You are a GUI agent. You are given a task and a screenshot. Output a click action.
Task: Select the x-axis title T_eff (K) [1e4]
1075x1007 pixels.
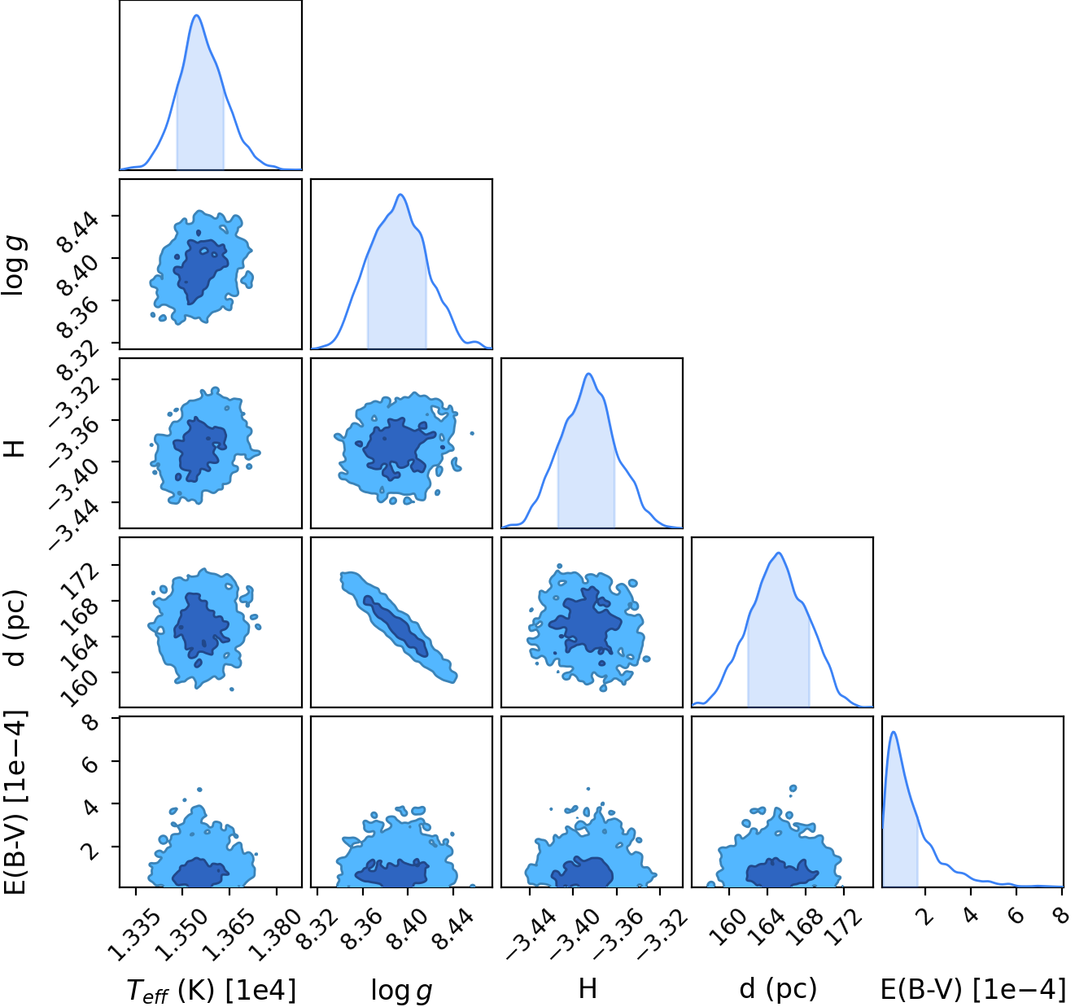pyautogui.click(x=211, y=990)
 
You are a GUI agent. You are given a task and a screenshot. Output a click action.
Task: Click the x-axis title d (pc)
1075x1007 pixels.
pyautogui.click(x=778, y=989)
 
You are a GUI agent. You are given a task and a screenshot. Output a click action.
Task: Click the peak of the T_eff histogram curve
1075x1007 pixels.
pyautogui.click(x=197, y=15)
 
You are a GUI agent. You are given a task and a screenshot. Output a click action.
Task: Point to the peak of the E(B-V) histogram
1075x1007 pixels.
pyautogui.click(x=894, y=732)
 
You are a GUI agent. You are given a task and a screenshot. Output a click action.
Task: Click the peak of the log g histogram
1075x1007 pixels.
pyautogui.click(x=400, y=195)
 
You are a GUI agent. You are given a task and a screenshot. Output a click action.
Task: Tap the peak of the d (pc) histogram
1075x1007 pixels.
pyautogui.click(x=779, y=553)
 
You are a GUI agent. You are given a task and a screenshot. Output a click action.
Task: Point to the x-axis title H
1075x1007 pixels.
pyautogui.click(x=588, y=989)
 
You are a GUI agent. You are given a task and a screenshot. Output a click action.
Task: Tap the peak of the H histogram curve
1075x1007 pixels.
pyautogui.click(x=589, y=374)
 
